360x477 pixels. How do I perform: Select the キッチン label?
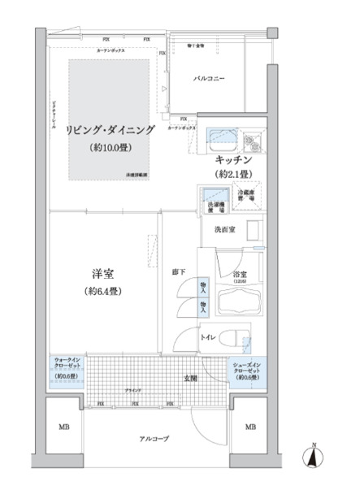[x=232, y=159]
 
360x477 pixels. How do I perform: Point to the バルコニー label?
[x=209, y=79]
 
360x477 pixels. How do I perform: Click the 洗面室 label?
[x=225, y=231]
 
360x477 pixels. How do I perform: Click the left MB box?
[x=63, y=427]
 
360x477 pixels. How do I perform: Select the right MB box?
[x=250, y=427]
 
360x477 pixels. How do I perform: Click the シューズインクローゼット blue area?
[x=247, y=370]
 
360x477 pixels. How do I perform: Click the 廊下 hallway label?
[x=180, y=271]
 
